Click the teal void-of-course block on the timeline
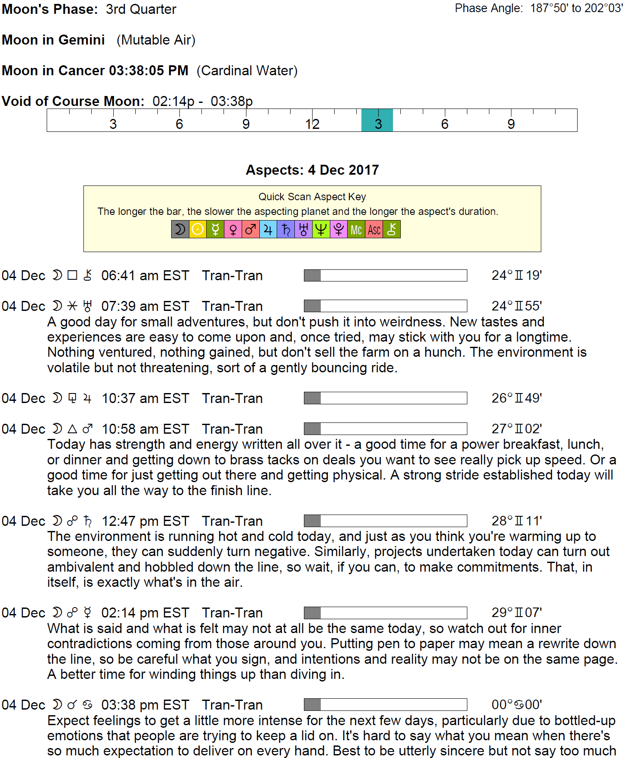click(377, 120)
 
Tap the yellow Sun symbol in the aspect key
click(198, 229)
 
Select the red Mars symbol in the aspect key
click(251, 229)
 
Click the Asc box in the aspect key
click(374, 230)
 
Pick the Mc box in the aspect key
click(356, 230)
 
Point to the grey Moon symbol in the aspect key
click(180, 229)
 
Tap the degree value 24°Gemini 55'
click(517, 306)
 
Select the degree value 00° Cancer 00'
click(517, 705)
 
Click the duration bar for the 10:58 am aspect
click(385, 429)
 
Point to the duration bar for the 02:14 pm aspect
click(385, 613)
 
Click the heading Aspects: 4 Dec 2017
click(312, 170)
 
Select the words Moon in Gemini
click(53, 40)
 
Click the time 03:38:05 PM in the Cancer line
click(148, 70)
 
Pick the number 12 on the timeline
click(312, 124)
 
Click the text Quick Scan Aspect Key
click(312, 197)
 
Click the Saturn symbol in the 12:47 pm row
click(88, 521)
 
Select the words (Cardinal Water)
click(247, 70)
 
